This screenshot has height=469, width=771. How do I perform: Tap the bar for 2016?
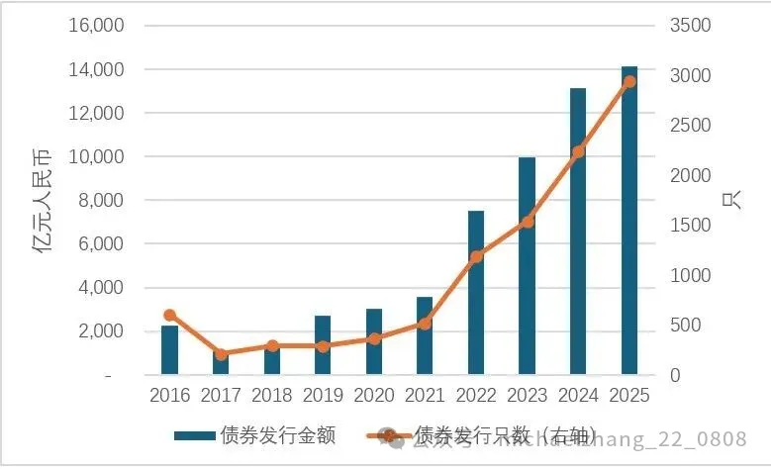pyautogui.click(x=169, y=350)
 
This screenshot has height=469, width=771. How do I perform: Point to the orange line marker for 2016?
pyautogui.click(x=169, y=315)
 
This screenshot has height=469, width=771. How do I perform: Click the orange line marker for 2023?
pyautogui.click(x=528, y=222)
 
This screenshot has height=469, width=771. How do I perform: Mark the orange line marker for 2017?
pyautogui.click(x=221, y=353)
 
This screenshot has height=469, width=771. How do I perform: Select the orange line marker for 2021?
pyautogui.click(x=426, y=323)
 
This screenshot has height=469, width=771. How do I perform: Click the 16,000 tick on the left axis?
pyautogui.click(x=96, y=26)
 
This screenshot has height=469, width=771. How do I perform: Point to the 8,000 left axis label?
pyautogui.click(x=101, y=200)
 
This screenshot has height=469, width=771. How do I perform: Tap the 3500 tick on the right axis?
pyautogui.click(x=690, y=26)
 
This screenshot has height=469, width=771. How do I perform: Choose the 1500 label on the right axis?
pyautogui.click(x=690, y=226)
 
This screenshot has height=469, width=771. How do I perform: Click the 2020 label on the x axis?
pyautogui.click(x=374, y=396)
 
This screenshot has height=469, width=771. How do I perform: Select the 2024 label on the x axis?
pyautogui.click(x=578, y=396)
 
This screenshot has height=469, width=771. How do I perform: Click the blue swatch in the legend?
pyautogui.click(x=194, y=435)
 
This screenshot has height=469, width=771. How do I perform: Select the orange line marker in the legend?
pyautogui.click(x=390, y=435)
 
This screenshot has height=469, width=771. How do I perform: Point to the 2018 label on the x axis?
pyautogui.click(x=272, y=396)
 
